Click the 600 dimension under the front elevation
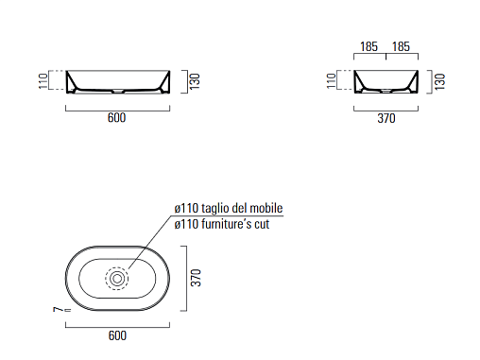(x=116, y=118)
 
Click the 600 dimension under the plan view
(x=117, y=335)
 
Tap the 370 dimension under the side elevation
(x=386, y=119)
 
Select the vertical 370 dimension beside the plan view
(x=196, y=278)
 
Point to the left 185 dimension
(x=369, y=46)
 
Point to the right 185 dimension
(x=401, y=46)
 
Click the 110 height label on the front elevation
(x=43, y=81)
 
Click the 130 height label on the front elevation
(x=195, y=81)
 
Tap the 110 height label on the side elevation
(x=332, y=81)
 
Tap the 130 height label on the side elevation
(x=439, y=81)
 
